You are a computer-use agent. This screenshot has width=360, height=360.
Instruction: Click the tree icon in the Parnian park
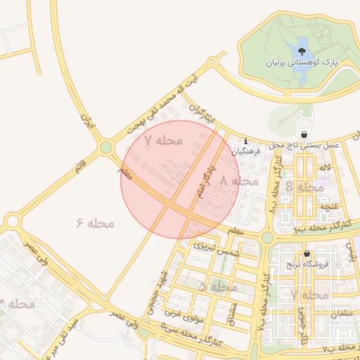pos(302,51)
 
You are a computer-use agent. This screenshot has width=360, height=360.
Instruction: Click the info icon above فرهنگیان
pos(245,141)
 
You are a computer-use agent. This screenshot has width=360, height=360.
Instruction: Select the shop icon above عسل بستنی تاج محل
pos(303,134)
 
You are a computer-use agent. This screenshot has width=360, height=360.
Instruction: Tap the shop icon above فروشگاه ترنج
pos(307,254)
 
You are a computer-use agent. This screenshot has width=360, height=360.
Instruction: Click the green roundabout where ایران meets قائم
pos(106,148)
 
